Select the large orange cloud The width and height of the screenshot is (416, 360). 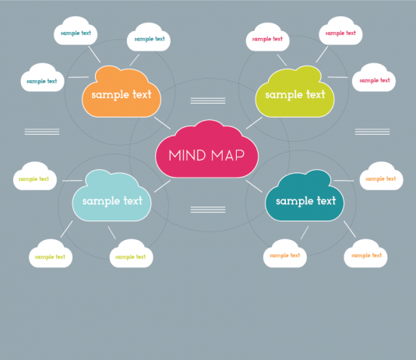pyautogui.click(x=122, y=92)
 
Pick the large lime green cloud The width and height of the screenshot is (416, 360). pyautogui.click(x=294, y=92)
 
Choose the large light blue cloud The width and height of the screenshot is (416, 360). pyautogui.click(x=111, y=196)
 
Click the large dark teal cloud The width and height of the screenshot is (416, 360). pyautogui.click(x=305, y=196)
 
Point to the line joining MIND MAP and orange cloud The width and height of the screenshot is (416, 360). pyautogui.click(x=162, y=123)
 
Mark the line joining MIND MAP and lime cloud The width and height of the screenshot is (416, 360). pyautogui.click(x=254, y=123)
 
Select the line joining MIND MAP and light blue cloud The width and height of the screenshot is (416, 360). pyautogui.click(x=162, y=186)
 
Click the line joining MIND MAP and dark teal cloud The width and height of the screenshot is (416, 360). pyautogui.click(x=254, y=186)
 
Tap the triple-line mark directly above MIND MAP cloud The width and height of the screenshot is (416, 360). pyautogui.click(x=208, y=101)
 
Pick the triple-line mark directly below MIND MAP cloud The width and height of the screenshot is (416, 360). pyautogui.click(x=208, y=210)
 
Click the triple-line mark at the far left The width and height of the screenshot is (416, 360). pyautogui.click(x=42, y=132)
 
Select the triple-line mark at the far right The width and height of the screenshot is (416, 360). pyautogui.click(x=372, y=132)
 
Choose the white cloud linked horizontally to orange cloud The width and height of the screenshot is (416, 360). pyautogui.click(x=42, y=78)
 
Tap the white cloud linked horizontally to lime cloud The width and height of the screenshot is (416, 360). pyautogui.click(x=374, y=78)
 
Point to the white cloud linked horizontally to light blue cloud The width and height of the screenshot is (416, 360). pyautogui.click(x=35, y=176)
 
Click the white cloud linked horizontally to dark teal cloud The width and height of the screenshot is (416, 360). pyautogui.click(x=381, y=176)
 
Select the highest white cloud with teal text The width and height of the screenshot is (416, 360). pyautogui.click(x=76, y=30)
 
